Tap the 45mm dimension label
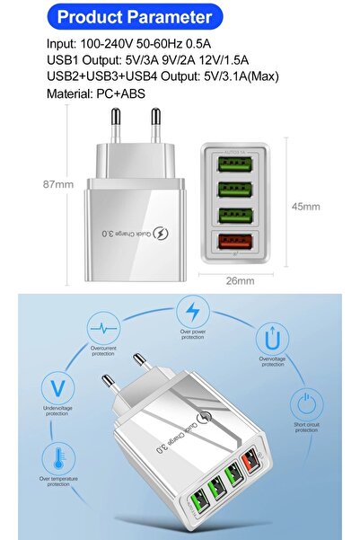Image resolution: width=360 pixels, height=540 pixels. [x=305, y=206]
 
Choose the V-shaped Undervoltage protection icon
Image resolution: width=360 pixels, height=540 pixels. [x=57, y=390]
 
